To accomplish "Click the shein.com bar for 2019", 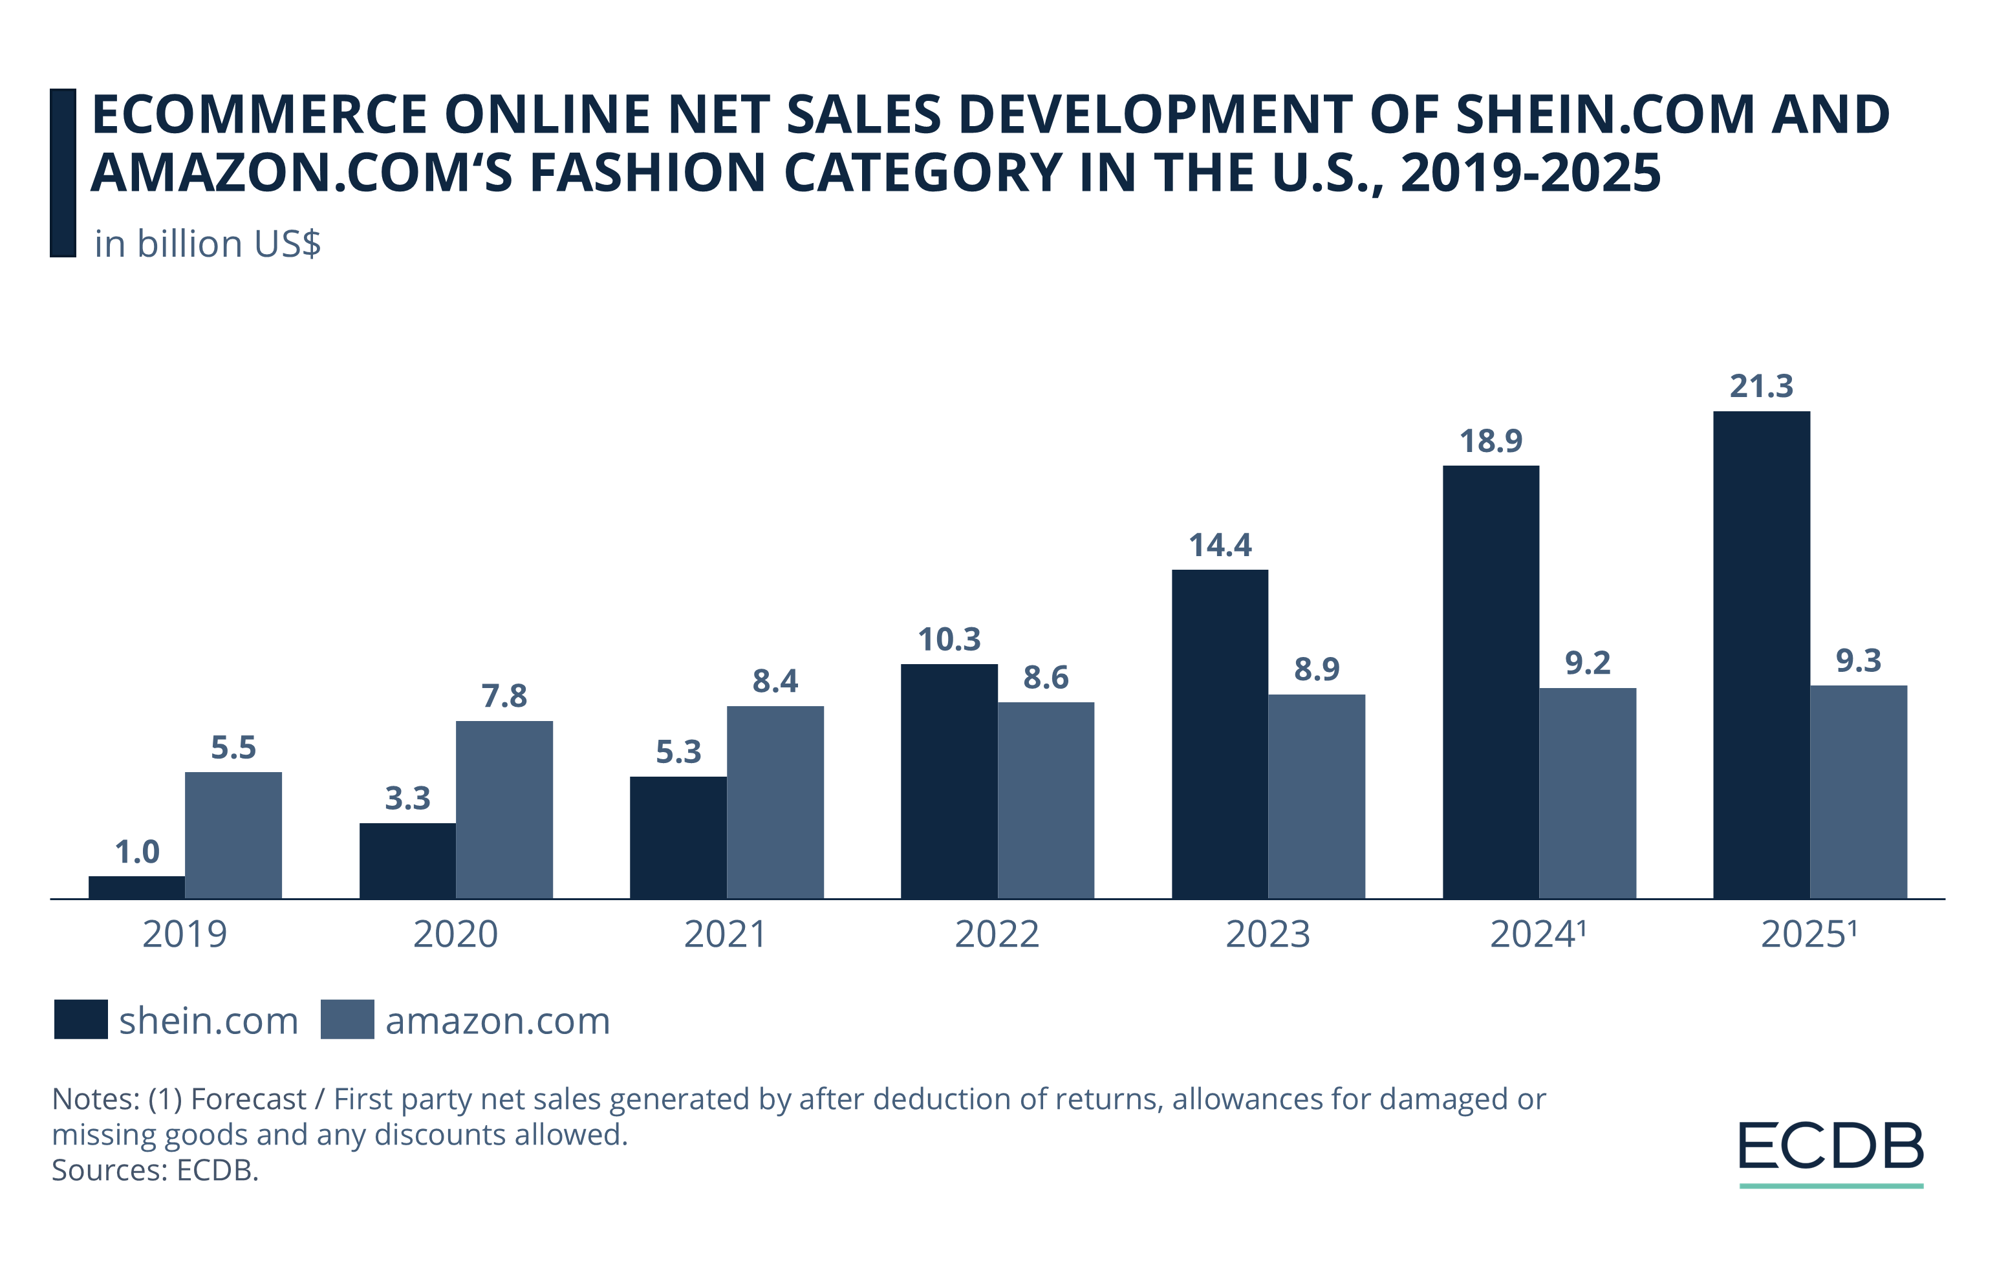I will tap(137, 887).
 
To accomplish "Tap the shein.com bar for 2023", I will tap(1220, 734).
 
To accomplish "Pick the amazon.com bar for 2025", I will tap(1859, 792).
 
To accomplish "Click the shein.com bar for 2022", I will tap(949, 781).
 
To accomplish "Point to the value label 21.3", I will tap(1762, 386).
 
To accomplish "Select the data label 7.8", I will tap(504, 696).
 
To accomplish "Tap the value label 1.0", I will tap(137, 852).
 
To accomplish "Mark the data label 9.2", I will tap(1587, 663).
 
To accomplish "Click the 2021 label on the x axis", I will tap(726, 934).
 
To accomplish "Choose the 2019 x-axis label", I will tap(184, 934).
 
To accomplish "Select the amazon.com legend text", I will tap(497, 1020).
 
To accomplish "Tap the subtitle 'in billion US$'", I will tap(208, 244).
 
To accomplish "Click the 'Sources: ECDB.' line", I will tap(155, 1170).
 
